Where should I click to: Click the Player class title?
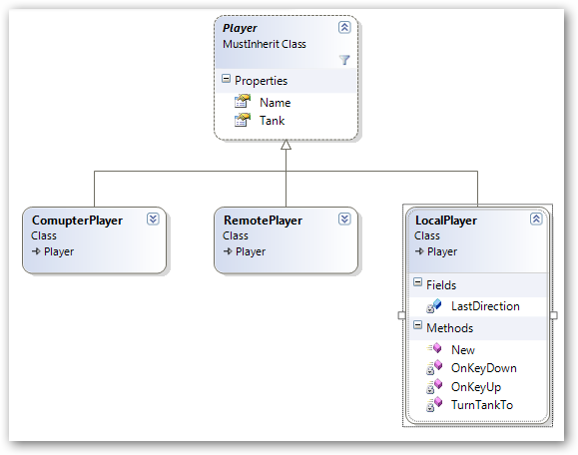tap(240, 28)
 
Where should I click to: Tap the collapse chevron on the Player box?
tap(344, 27)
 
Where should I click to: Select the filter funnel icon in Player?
tap(344, 60)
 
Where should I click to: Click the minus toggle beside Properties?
tap(226, 79)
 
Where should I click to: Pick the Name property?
tap(275, 103)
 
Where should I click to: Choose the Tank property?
tap(273, 121)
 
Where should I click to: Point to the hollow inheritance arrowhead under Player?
tap(287, 145)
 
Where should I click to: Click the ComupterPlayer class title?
tap(77, 221)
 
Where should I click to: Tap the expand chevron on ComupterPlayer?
tap(153, 220)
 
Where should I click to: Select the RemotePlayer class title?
tap(263, 221)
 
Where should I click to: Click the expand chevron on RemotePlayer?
tap(344, 220)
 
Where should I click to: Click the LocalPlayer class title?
tap(446, 221)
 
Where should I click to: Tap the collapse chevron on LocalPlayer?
tap(536, 220)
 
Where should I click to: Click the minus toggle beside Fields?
tap(417, 282)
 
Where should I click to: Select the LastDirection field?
tap(485, 306)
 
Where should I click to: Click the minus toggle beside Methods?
tap(417, 325)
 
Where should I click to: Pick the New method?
tap(463, 350)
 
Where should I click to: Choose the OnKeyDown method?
tap(483, 368)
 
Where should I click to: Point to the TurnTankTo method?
tap(482, 405)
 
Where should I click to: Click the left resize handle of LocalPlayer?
tap(401, 315)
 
